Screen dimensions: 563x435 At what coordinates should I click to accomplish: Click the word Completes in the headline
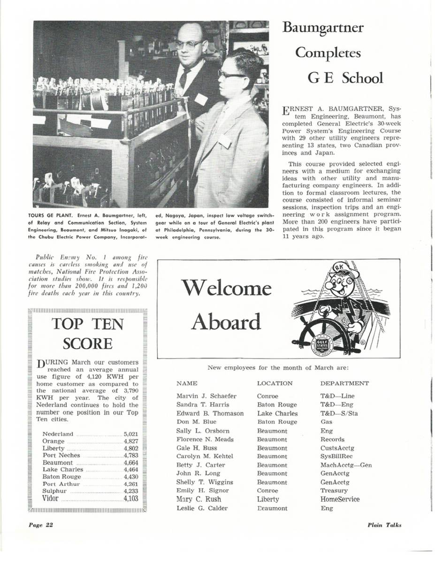coord(328,52)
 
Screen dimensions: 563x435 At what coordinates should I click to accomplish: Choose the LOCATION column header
coord(275,383)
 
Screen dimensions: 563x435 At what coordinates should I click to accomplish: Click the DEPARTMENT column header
coord(344,383)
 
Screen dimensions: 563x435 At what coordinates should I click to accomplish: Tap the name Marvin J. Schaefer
coord(206,396)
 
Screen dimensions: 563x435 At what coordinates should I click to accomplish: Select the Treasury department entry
coord(334,490)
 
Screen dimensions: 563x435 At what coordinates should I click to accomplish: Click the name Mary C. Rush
coord(198,499)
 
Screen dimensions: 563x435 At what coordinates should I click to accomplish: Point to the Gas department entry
coord(326,422)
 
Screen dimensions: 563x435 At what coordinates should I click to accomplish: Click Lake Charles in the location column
coord(277,413)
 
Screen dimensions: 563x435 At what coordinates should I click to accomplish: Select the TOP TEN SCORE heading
coord(88,334)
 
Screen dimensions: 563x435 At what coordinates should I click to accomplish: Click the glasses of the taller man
coord(190,44)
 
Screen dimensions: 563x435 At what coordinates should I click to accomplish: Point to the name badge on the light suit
coord(225,140)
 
